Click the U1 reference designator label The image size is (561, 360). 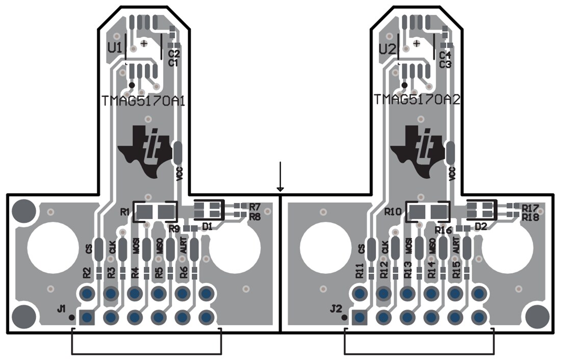point(114,48)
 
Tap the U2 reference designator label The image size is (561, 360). point(387,49)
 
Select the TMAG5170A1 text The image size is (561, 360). point(143,100)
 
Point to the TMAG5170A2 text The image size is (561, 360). point(417,100)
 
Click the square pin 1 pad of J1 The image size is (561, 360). point(86,318)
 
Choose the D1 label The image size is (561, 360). point(207,226)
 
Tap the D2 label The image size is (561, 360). point(480,226)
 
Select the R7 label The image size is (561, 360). point(255,207)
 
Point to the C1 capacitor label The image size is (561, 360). point(173,63)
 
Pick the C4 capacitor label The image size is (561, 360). point(445,55)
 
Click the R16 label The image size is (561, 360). point(444,230)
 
